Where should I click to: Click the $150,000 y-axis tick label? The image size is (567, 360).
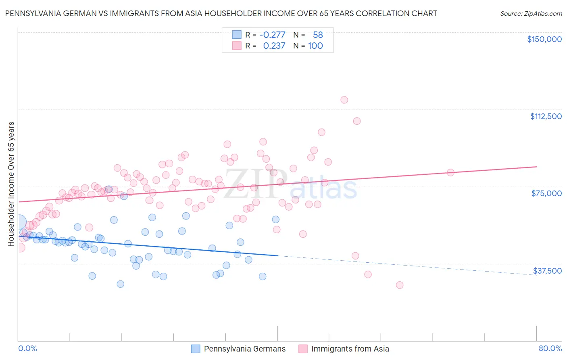(x=544, y=39)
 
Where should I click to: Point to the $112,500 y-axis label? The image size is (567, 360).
(x=546, y=116)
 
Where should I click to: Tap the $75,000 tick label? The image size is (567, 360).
(x=546, y=193)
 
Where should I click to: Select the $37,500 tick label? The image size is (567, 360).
(x=547, y=271)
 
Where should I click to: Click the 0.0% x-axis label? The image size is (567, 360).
(x=27, y=348)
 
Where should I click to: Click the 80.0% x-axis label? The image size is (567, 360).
(x=550, y=348)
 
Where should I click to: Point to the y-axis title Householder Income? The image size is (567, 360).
(x=11, y=184)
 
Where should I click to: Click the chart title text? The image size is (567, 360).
(x=221, y=13)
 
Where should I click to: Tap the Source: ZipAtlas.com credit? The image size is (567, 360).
(x=531, y=13)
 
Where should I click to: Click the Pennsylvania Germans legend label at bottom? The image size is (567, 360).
(x=244, y=349)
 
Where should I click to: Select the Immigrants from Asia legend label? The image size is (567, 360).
(x=350, y=349)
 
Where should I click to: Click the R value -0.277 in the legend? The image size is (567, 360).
(x=272, y=35)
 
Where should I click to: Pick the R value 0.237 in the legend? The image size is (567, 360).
(x=274, y=46)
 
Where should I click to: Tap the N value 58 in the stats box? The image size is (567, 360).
(x=318, y=35)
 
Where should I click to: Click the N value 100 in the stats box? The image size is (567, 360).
(x=315, y=46)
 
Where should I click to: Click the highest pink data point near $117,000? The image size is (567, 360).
(x=344, y=100)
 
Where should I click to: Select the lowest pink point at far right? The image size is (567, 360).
(x=400, y=285)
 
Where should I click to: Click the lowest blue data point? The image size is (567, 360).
(x=120, y=284)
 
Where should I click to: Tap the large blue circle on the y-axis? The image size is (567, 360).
(x=19, y=222)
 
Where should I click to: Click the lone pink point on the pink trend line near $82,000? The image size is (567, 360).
(x=450, y=172)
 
